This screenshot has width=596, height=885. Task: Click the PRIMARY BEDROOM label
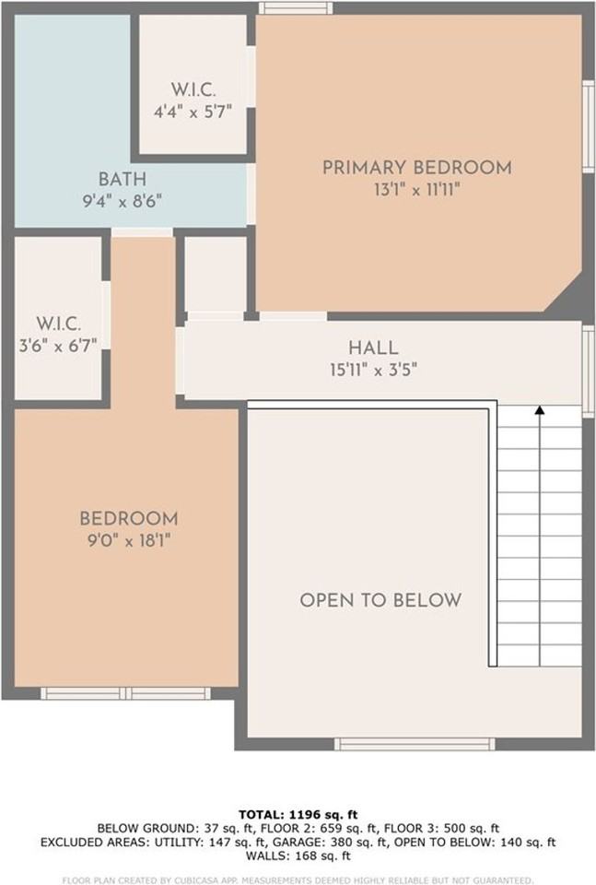pos(416,168)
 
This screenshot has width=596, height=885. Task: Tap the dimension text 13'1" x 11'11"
pos(416,190)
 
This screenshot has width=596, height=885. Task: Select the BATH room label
pos(123,179)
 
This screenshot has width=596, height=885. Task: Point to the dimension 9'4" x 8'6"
pos(123,200)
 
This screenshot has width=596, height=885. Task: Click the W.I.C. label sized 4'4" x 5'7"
pos(193,89)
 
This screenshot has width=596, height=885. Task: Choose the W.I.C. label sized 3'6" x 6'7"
pos(60,324)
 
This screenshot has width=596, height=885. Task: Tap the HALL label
pos(373,348)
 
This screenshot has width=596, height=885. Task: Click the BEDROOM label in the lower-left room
pos(128,519)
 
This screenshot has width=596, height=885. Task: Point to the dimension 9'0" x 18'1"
pos(128,541)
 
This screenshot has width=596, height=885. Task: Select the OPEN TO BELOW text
pos(380,600)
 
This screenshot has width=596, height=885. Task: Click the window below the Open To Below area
pos(415,743)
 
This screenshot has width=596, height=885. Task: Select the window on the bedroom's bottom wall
pos(126,693)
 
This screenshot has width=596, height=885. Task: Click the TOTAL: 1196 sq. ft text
pos(298,815)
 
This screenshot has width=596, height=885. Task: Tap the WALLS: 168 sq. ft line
pos(298,855)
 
